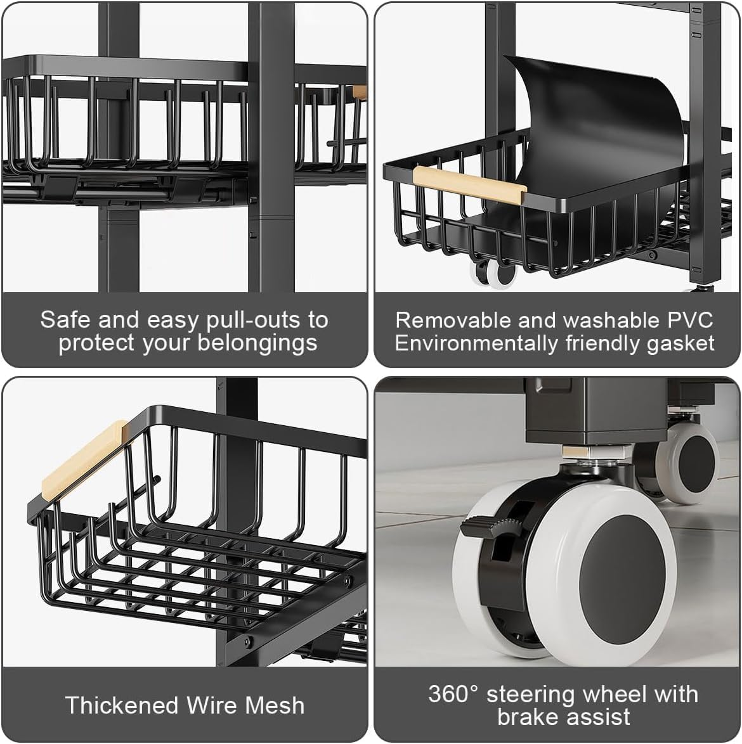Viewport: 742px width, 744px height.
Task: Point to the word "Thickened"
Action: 122,705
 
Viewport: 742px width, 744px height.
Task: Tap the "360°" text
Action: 454,694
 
